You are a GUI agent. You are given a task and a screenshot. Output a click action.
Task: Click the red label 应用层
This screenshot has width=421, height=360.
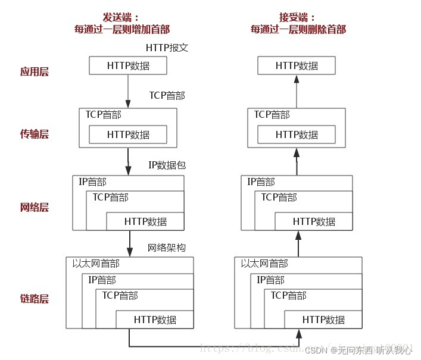coord(34,72)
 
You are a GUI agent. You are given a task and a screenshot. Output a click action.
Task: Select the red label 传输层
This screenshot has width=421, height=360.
coord(34,134)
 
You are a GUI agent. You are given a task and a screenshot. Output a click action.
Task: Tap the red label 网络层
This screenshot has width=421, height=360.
coord(34,208)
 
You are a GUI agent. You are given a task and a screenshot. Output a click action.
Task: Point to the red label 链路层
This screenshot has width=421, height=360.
coord(34,299)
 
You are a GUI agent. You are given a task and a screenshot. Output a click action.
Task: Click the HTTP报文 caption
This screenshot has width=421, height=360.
coord(167,48)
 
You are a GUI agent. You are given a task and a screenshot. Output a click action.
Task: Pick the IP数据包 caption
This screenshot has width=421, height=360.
coord(167,165)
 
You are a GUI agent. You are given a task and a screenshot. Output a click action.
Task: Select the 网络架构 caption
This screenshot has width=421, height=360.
coord(167,248)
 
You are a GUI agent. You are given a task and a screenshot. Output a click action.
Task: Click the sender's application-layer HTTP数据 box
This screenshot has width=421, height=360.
coord(128,65)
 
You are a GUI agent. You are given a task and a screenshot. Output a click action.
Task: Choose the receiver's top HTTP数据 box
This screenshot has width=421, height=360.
coord(297,65)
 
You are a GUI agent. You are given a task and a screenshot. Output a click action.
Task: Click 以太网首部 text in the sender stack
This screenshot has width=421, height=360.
coord(96,264)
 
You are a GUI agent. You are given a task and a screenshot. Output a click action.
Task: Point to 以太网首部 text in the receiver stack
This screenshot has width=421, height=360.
coord(264,264)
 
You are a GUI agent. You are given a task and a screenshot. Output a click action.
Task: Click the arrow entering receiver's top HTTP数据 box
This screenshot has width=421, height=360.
coord(297,89)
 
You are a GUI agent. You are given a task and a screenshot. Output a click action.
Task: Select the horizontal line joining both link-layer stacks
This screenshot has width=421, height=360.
coord(213,346)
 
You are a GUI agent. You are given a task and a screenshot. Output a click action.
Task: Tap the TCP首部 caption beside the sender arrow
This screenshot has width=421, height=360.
coord(167,95)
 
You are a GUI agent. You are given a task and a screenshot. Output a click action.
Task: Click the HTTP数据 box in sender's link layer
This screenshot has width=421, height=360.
coord(155,320)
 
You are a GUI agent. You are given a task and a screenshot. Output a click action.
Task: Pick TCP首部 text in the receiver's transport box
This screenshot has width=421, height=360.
coord(272,115)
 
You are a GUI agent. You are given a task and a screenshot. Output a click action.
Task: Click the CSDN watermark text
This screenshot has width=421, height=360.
coord(323,351)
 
